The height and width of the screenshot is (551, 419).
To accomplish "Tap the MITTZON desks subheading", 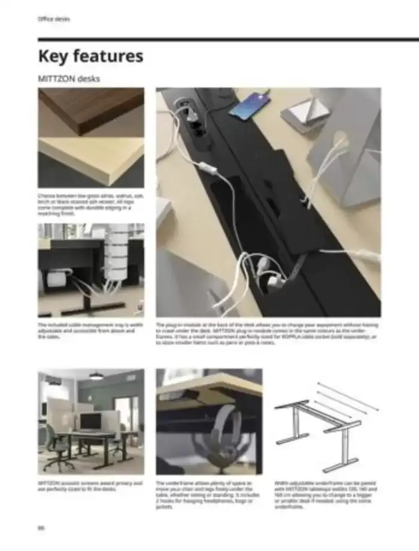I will pos(68,78).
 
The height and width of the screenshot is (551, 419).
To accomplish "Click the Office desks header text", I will pos(53,19).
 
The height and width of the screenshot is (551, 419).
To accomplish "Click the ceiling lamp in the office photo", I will pos(96,376).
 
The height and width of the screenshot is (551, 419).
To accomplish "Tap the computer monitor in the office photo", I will pos(90,421).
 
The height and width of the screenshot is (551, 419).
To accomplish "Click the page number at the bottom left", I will pos(42,528).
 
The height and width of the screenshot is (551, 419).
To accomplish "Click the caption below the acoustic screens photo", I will pos(90,485).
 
